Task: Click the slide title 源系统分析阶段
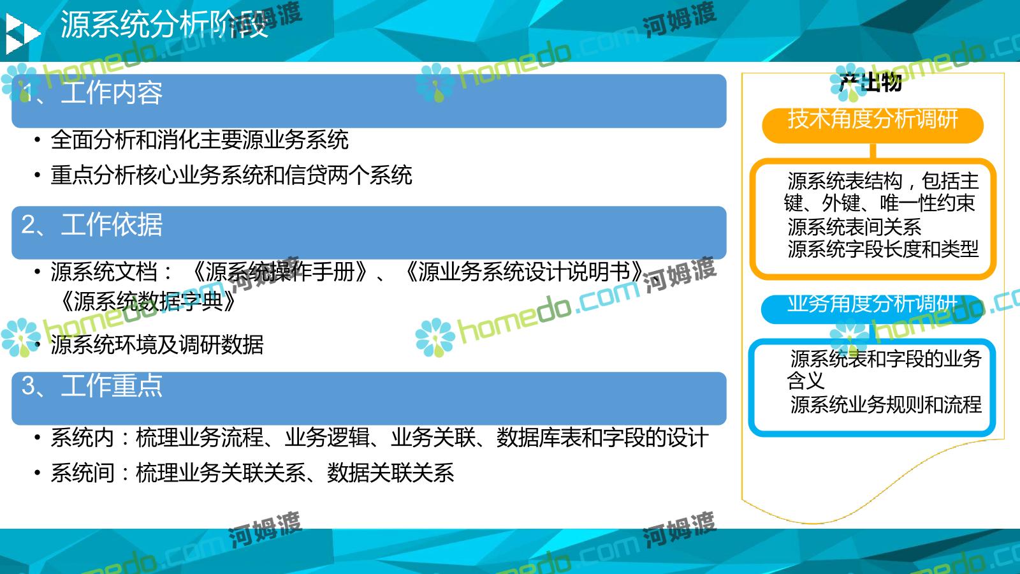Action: pyautogui.click(x=164, y=24)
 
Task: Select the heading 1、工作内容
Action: pyautogui.click(x=92, y=92)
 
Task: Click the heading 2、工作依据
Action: pyautogui.click(x=92, y=224)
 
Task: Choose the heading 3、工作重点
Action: pyautogui.click(x=92, y=385)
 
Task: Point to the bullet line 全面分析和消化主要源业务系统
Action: pyautogui.click(x=200, y=140)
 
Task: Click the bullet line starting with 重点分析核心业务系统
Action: pyautogui.click(x=231, y=175)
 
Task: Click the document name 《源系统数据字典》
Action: pyautogui.click(x=147, y=301)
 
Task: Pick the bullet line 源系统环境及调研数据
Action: pyautogui.click(x=157, y=344)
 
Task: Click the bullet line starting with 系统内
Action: pyautogui.click(x=379, y=438)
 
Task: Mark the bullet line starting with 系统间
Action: pyautogui.click(x=252, y=473)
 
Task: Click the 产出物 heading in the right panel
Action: pyautogui.click(x=870, y=82)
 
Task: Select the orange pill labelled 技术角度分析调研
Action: pyautogui.click(x=873, y=125)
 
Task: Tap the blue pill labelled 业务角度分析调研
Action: pyautogui.click(x=872, y=309)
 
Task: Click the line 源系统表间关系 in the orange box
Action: pyautogui.click(x=854, y=226)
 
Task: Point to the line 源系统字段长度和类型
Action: pyautogui.click(x=883, y=249)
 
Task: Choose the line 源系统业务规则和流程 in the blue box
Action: pyautogui.click(x=885, y=404)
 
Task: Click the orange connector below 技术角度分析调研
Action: pyautogui.click(x=873, y=151)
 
